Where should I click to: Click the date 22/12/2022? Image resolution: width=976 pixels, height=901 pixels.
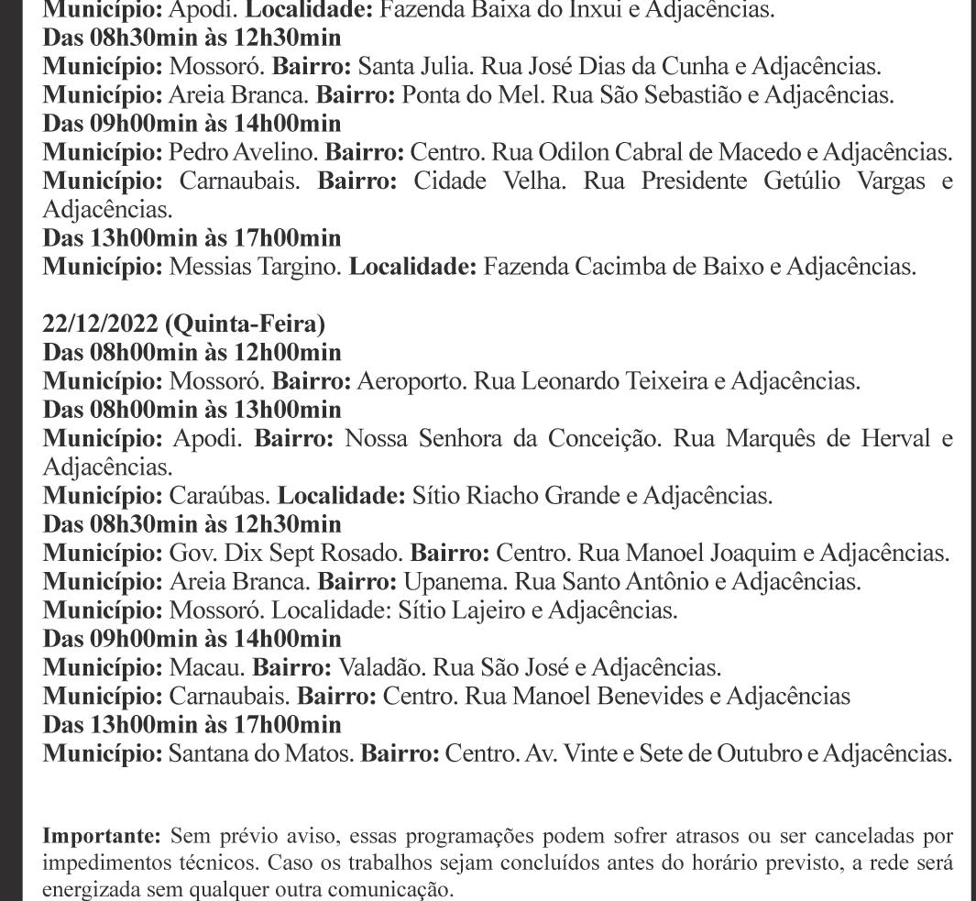100,324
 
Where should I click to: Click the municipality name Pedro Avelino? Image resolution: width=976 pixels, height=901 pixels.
242,152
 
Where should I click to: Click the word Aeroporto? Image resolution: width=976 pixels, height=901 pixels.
410,380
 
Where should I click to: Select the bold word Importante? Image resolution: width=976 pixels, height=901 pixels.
102,836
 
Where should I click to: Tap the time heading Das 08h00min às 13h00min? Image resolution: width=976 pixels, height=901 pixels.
192,410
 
